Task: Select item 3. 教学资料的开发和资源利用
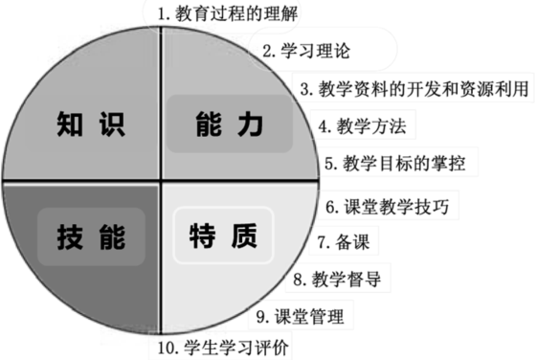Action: click(x=414, y=88)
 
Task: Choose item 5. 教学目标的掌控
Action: click(x=394, y=162)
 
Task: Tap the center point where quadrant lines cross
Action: click(x=159, y=179)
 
